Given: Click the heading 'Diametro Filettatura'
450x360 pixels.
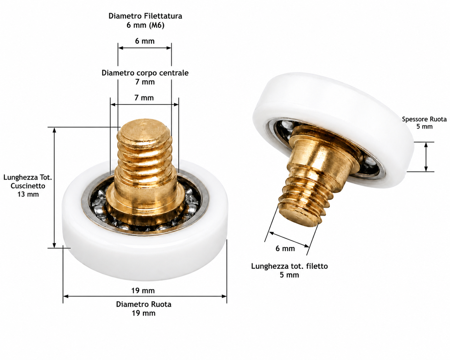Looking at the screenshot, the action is pyautogui.click(x=145, y=16).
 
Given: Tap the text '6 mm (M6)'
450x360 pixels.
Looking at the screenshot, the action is pyautogui.click(x=145, y=25).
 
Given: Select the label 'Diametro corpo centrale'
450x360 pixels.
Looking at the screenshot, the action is pyautogui.click(x=145, y=73).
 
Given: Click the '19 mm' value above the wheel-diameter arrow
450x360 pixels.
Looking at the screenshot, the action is pyautogui.click(x=143, y=291).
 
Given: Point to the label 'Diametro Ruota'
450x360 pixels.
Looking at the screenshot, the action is pyautogui.click(x=144, y=304).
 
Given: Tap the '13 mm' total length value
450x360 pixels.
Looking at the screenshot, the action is pyautogui.click(x=28, y=194).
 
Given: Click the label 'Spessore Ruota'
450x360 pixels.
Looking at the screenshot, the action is pyautogui.click(x=424, y=119).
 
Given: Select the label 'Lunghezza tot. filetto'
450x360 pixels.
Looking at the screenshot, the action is pyautogui.click(x=290, y=266).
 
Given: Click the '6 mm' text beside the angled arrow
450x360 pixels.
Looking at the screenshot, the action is pyautogui.click(x=285, y=248).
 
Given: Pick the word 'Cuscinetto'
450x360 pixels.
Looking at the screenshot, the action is pyautogui.click(x=28, y=186).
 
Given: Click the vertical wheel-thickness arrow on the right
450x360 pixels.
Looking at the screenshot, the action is pyautogui.click(x=426, y=157).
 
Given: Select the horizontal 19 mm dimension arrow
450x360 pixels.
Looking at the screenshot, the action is pyautogui.click(x=145, y=296).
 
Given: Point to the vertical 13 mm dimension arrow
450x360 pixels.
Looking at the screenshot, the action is pyautogui.click(x=54, y=187).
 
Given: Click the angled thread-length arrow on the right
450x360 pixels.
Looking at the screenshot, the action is pyautogui.click(x=289, y=239).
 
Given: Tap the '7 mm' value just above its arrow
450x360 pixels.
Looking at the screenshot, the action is pyautogui.click(x=144, y=98).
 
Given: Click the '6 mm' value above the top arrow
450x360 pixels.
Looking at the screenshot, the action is pyautogui.click(x=145, y=41).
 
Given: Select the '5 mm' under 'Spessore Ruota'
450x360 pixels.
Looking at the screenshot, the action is pyautogui.click(x=425, y=126).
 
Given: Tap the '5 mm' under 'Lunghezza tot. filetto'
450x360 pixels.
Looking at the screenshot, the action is pyautogui.click(x=290, y=275).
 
